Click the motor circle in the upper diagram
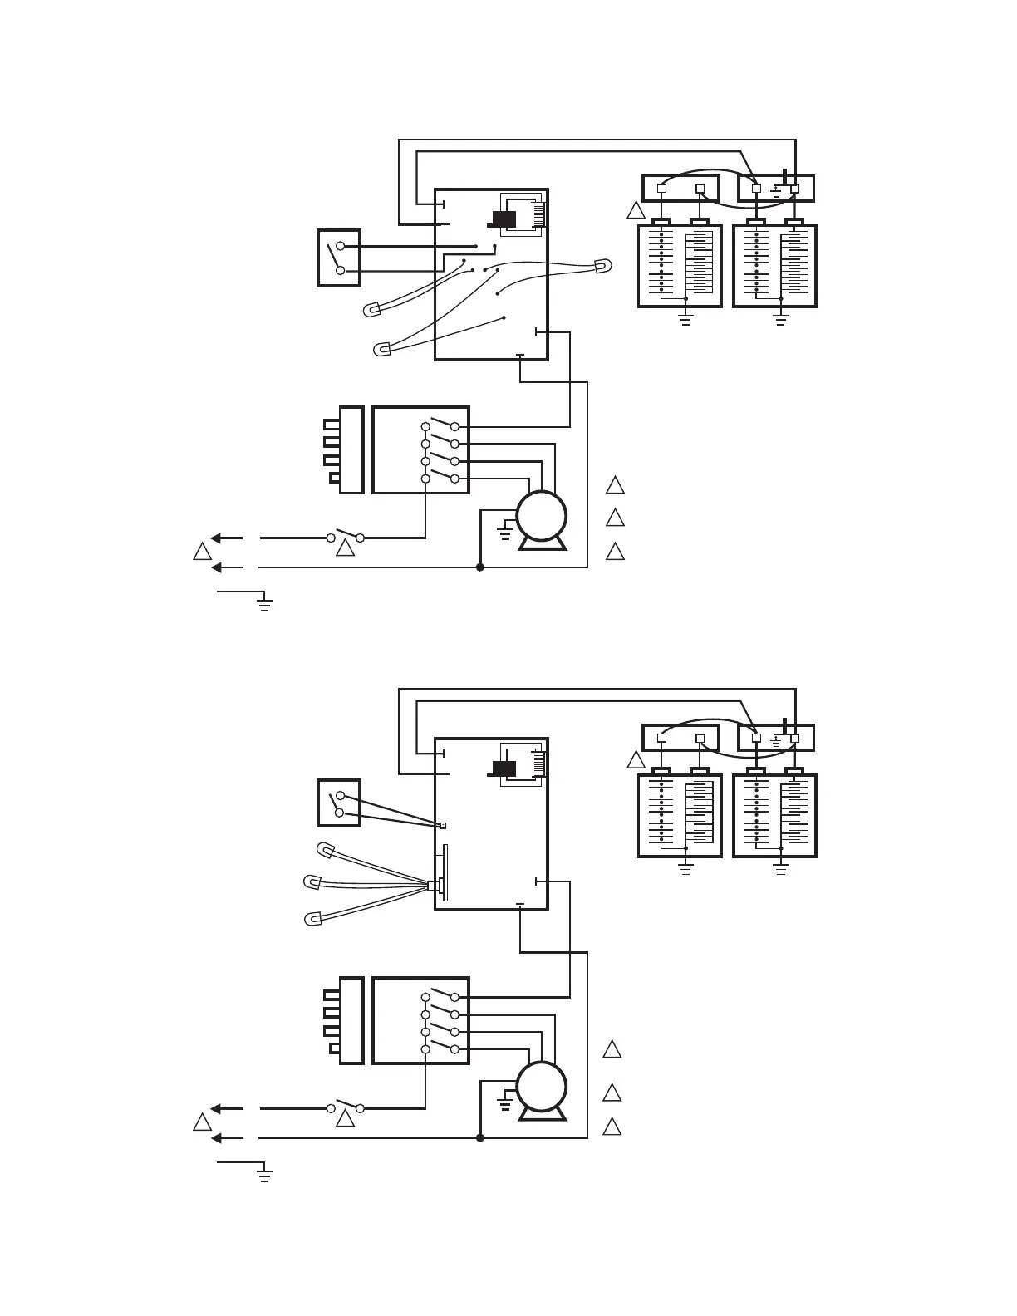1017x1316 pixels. pyautogui.click(x=542, y=515)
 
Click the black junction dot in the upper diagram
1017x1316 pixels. pyautogui.click(x=479, y=567)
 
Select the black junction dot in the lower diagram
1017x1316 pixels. pyautogui.click(x=479, y=1137)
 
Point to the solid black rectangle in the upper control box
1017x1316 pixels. pyautogui.click(x=504, y=219)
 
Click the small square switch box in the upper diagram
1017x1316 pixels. pyautogui.click(x=339, y=258)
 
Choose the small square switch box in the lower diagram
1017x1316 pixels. pyautogui.click(x=339, y=803)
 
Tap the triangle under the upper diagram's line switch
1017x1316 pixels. pyautogui.click(x=345, y=548)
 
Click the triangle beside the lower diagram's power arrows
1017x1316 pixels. pyautogui.click(x=202, y=1122)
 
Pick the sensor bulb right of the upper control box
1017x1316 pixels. pyautogui.click(x=602, y=267)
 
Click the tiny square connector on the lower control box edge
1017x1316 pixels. pyautogui.click(x=443, y=825)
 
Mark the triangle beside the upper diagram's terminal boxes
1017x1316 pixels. pyautogui.click(x=636, y=210)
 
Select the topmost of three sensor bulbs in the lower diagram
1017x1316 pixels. pyautogui.click(x=327, y=850)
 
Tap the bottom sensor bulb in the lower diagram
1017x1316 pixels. pyautogui.click(x=314, y=919)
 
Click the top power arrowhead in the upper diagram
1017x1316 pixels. pyautogui.click(x=215, y=538)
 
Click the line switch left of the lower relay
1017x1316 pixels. pyautogui.click(x=345, y=1107)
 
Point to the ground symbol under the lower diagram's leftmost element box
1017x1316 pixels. pyautogui.click(x=685, y=869)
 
